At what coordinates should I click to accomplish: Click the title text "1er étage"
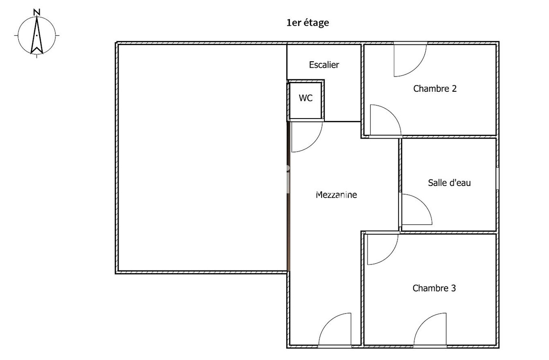(x=307, y=22)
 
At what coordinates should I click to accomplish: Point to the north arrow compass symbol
(x=37, y=35)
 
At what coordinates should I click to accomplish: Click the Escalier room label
(x=324, y=65)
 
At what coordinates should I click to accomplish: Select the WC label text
(x=306, y=98)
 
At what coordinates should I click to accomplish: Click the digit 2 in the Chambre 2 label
(x=453, y=88)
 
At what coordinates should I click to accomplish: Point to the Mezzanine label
(x=336, y=195)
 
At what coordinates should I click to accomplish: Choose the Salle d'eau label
(x=449, y=182)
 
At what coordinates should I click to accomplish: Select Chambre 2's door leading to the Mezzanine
(x=383, y=120)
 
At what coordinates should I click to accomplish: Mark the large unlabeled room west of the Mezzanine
(x=202, y=158)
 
